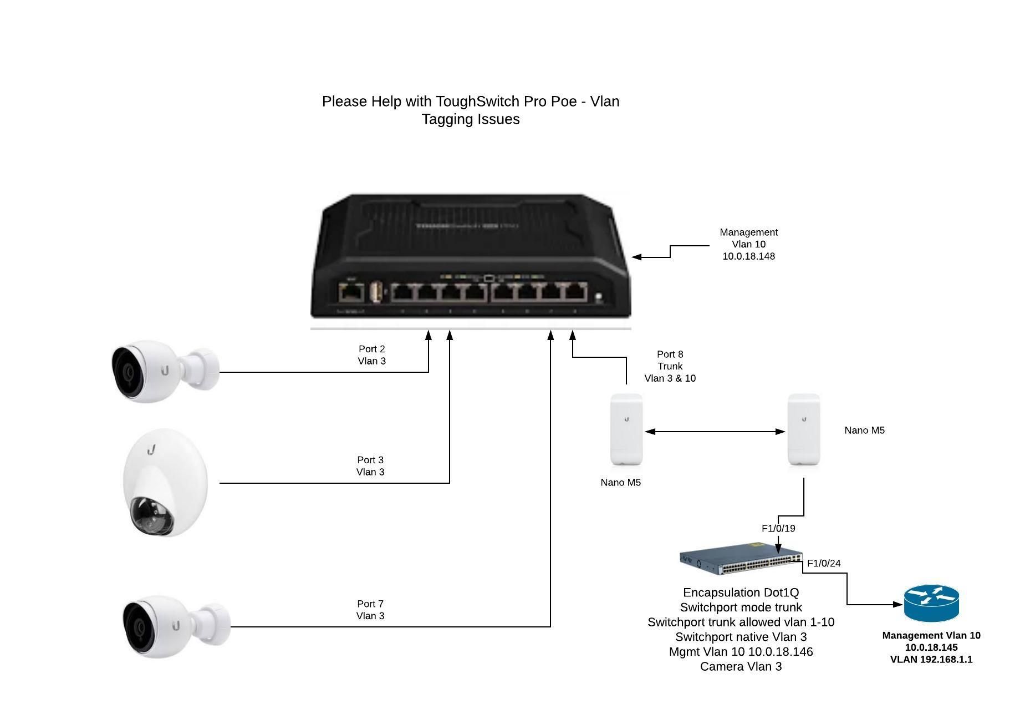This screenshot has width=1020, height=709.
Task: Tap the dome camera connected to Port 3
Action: tap(165, 482)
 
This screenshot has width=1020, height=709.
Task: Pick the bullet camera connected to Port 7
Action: tap(175, 626)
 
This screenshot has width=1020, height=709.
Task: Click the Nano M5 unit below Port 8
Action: tap(626, 430)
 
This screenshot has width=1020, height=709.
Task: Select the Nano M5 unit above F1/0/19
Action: tap(804, 430)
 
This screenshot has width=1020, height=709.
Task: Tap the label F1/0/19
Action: tap(778, 528)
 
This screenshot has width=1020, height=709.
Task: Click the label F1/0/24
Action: tap(824, 563)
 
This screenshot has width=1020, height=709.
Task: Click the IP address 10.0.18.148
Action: tap(748, 256)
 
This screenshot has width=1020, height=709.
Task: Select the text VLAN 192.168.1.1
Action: tap(931, 660)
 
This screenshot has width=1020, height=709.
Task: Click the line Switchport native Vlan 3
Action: tap(741, 637)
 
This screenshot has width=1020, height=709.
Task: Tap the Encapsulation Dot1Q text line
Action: tap(741, 592)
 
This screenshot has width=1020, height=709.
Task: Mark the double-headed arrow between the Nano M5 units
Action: tap(715, 431)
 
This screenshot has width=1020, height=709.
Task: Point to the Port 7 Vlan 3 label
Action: tap(370, 610)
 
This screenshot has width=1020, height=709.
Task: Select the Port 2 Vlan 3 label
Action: tap(371, 355)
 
